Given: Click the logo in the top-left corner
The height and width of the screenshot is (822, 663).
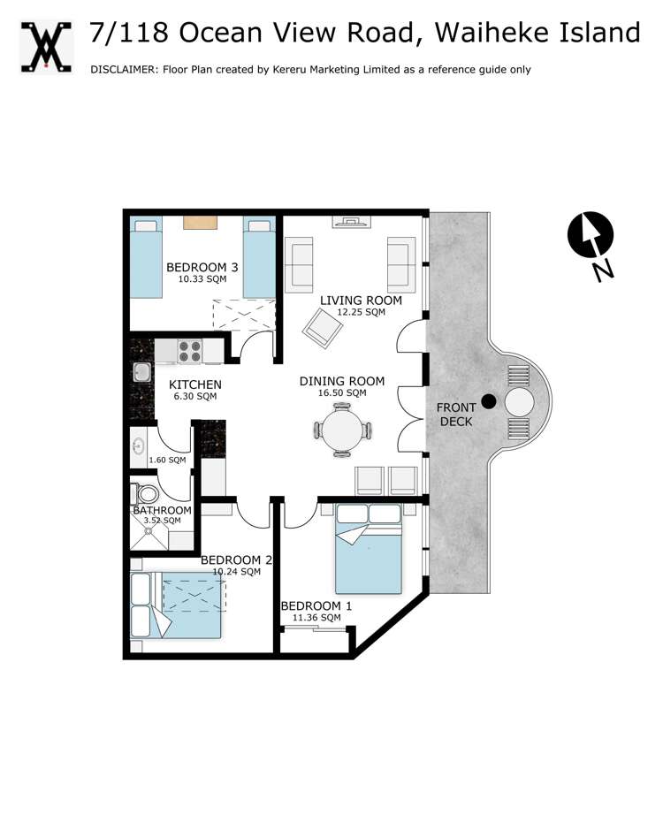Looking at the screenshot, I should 45,45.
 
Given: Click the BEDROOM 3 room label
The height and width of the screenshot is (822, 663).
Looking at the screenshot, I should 202,267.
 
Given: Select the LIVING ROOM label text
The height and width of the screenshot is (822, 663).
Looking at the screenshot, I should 361,301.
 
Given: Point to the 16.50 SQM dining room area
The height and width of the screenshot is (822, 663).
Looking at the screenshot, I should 344,392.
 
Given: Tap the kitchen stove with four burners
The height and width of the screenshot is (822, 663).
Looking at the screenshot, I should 190,352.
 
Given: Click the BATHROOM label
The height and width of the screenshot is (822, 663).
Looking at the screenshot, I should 162,510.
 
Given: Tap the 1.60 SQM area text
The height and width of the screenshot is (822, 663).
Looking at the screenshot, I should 167,460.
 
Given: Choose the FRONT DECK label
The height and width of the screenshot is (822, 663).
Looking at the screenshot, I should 456,415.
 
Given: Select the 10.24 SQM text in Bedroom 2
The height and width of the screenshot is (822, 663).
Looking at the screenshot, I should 236,571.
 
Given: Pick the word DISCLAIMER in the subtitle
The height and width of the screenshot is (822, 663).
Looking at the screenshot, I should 122,70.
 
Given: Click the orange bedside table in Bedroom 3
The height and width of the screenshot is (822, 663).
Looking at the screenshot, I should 201,223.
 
